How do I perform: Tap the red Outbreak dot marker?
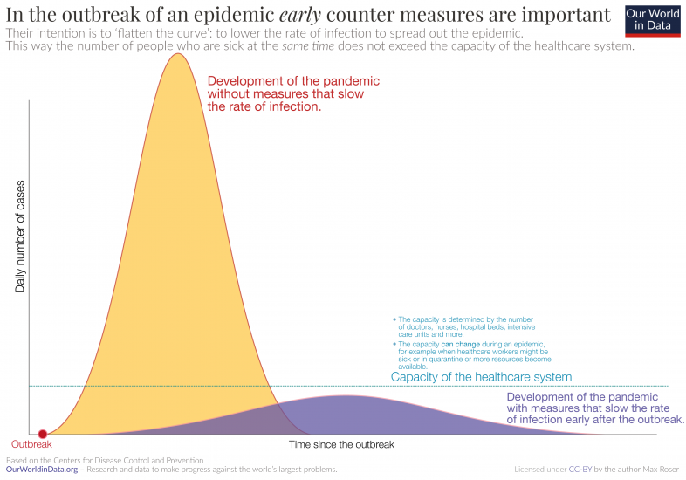click(x=42, y=434)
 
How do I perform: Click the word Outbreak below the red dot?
click(x=31, y=445)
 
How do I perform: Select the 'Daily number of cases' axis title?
click(x=20, y=236)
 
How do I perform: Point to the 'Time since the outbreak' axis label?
click(x=341, y=444)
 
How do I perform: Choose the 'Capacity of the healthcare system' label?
click(x=481, y=377)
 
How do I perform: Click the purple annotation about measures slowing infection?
click(x=594, y=408)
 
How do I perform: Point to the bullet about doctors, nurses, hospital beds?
click(x=470, y=326)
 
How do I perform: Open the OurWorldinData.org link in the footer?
click(x=41, y=470)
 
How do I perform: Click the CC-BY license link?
click(x=580, y=470)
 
